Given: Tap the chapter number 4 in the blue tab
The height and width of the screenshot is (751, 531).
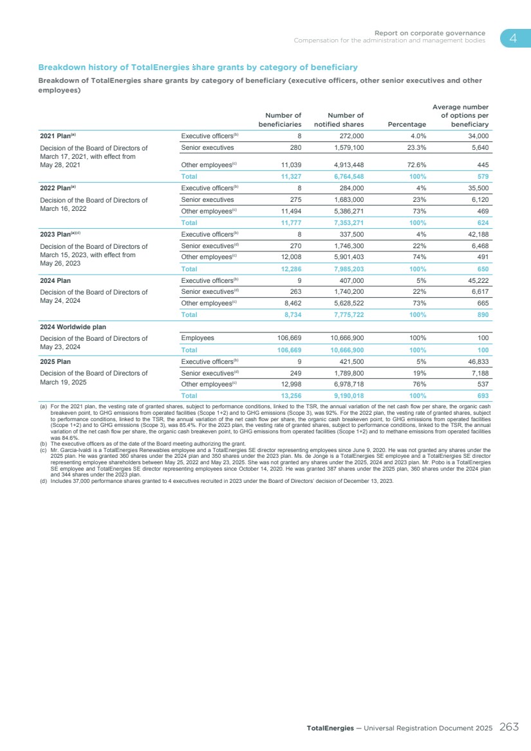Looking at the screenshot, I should (514, 38).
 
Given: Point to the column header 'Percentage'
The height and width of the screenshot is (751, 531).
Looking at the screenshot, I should (407, 123).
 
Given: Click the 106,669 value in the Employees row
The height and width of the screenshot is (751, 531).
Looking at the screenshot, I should (286, 338).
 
